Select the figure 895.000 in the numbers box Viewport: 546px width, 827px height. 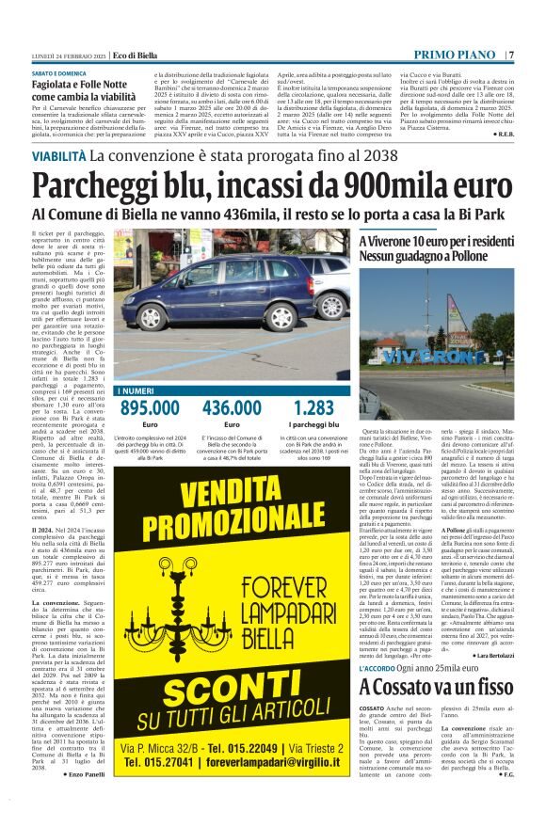pos(150,407)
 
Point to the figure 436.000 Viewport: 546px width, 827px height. pos(232,407)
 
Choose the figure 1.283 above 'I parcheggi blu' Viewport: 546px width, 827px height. pos(313,407)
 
